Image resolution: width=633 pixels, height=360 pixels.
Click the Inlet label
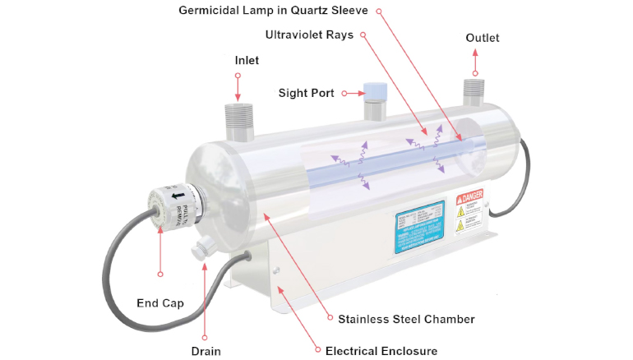tap(247, 61)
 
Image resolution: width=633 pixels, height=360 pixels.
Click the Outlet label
tap(482, 38)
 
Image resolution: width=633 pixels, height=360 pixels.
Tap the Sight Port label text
tap(306, 93)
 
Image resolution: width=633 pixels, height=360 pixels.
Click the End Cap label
tap(159, 303)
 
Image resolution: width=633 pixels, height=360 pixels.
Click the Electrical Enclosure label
tap(381, 351)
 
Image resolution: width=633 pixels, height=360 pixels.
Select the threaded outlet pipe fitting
tap(474, 92)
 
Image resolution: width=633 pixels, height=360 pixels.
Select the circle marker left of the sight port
tap(346, 93)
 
